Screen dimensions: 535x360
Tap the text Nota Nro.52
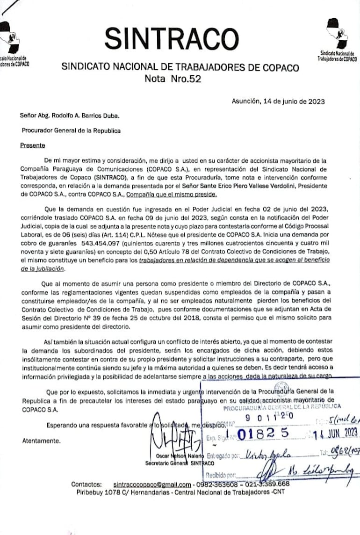[173, 79]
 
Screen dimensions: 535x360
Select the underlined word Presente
[33, 145]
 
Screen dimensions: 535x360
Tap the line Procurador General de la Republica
[71, 130]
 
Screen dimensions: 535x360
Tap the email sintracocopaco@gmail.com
[152, 484]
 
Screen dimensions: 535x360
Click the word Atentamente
[41, 441]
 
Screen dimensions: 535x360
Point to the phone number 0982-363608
[216, 484]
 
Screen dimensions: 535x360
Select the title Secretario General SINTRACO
[180, 463]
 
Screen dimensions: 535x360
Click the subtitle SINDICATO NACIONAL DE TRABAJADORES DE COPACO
[180, 67]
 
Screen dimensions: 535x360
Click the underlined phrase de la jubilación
[43, 269]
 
